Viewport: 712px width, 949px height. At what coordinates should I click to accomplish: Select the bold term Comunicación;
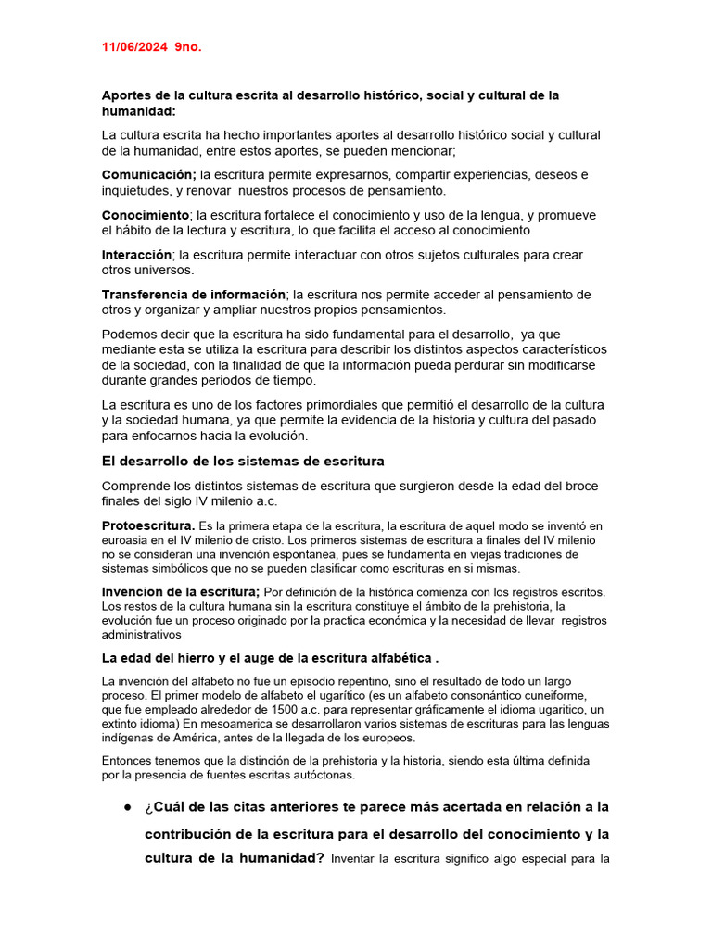(x=148, y=175)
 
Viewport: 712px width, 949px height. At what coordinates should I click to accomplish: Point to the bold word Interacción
(x=136, y=255)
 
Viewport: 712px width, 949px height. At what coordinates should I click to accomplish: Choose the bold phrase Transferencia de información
(x=194, y=295)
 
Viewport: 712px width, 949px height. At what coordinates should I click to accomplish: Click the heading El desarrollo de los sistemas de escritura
(x=242, y=461)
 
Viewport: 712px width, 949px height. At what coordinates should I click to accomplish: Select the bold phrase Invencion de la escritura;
(x=181, y=592)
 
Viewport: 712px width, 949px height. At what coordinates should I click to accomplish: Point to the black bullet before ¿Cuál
(x=127, y=807)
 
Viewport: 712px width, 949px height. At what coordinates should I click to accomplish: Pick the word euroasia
(x=125, y=540)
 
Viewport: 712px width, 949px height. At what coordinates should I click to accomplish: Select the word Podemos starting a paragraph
(x=131, y=335)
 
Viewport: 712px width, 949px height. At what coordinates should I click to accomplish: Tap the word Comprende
(x=136, y=486)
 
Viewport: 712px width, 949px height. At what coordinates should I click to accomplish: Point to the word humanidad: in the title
(x=138, y=111)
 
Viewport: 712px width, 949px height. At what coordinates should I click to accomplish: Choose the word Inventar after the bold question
(x=358, y=858)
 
